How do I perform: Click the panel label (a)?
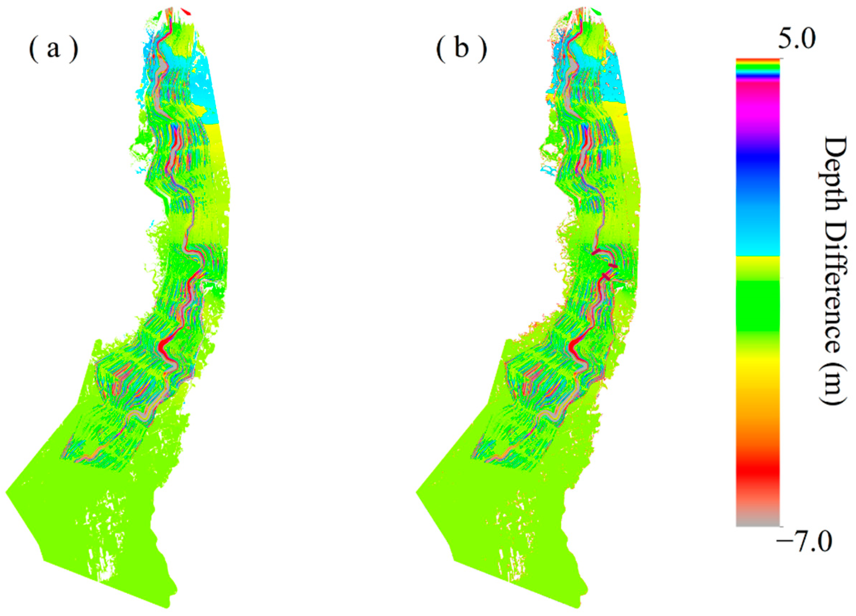point(53,50)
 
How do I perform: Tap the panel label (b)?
point(461,50)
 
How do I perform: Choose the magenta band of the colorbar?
point(758,114)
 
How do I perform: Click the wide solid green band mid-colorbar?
point(758,306)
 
